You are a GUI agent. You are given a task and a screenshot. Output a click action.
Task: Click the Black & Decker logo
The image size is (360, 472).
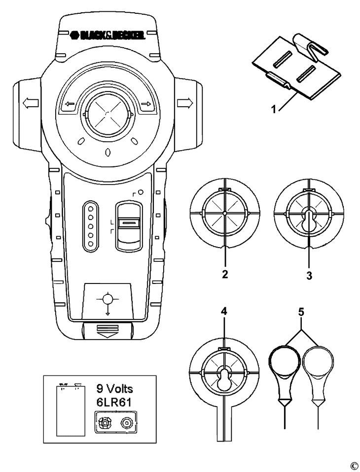coord(108,35)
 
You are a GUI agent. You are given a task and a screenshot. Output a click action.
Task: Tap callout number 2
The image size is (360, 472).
coord(224,275)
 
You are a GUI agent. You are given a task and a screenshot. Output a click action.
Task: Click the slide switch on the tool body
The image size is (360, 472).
coord(129,224)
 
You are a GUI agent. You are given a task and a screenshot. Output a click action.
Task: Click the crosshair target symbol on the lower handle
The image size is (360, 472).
coord(108,301)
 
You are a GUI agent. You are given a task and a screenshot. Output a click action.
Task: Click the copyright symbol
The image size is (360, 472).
coord(354,466)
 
